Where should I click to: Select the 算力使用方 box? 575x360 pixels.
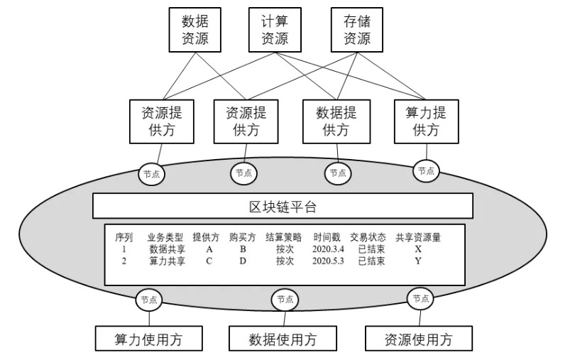[x=148, y=339]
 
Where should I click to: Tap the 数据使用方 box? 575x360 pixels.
[x=283, y=339]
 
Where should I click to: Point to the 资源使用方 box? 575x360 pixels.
[x=417, y=339]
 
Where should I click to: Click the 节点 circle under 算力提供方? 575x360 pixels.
[x=426, y=170]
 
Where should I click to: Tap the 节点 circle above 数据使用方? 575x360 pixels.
[x=283, y=300]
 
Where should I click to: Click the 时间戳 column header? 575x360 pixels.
[x=327, y=237]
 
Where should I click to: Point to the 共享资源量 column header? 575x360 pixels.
[x=418, y=237]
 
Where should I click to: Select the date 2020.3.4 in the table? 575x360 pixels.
[x=327, y=249]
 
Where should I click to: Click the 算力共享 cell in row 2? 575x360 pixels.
[x=168, y=261]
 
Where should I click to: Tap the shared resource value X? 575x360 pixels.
[x=418, y=249]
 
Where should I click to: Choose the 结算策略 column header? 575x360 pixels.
[x=283, y=237]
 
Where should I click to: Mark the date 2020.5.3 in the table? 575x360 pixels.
[x=327, y=261]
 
